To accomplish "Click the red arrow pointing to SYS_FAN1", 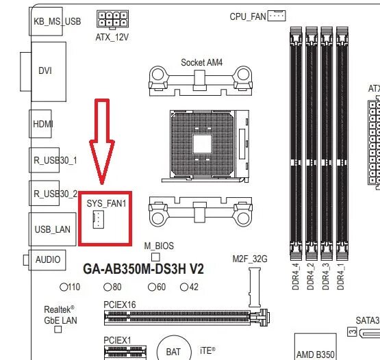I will (x=101, y=140).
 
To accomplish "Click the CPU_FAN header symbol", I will (x=276, y=14).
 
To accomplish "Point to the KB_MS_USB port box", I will (x=56, y=21).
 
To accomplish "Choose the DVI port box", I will (x=45, y=70).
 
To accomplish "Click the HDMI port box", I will (x=42, y=124).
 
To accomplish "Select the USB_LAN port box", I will (x=52, y=229).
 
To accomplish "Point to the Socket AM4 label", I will (x=201, y=62).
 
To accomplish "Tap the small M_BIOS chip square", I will (x=155, y=256).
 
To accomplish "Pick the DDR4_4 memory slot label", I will (x=296, y=276).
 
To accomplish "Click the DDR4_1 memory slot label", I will (x=341, y=276).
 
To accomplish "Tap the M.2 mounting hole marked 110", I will (x=64, y=287).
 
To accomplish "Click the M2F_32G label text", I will (x=249, y=259).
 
